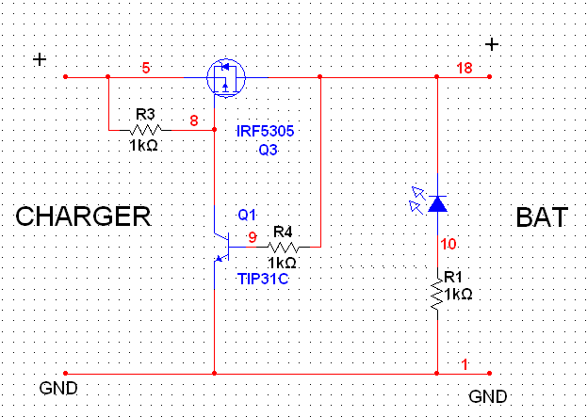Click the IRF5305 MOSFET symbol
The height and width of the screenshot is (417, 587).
[x=226, y=78]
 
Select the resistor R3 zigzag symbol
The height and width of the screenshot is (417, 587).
[x=145, y=130]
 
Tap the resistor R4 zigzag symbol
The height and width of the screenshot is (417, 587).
[x=283, y=248]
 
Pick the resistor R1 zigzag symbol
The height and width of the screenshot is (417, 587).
[x=437, y=294]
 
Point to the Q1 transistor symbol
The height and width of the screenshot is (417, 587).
[x=223, y=247]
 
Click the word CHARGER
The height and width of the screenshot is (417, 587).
[x=83, y=217]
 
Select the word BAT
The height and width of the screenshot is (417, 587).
[x=542, y=217]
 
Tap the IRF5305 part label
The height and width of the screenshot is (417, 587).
[x=266, y=131]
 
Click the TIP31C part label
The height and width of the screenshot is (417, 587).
[x=263, y=279]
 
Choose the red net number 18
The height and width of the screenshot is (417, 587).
[x=465, y=69]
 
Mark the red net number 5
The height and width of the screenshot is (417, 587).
[x=146, y=69]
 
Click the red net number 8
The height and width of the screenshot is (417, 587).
[x=194, y=120]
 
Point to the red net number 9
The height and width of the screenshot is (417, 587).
[x=253, y=237]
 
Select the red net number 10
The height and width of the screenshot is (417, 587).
[x=448, y=244]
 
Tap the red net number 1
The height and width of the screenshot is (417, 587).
[x=465, y=364]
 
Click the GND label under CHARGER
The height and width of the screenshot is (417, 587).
[x=58, y=389]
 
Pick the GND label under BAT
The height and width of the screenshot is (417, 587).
[x=488, y=397]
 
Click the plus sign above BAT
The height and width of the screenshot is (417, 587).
[x=492, y=44]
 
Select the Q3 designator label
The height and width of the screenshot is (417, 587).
[x=268, y=150]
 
